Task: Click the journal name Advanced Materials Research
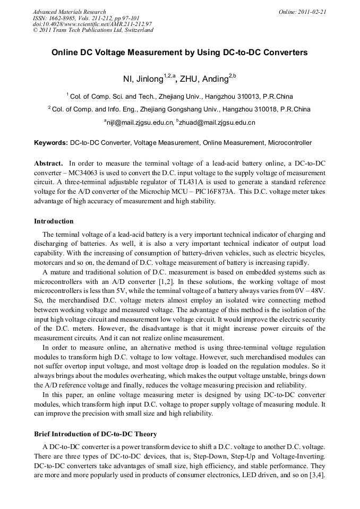(x=69, y=12)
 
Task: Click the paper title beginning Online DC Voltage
(x=179, y=53)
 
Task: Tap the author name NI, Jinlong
(x=143, y=79)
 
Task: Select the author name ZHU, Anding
(x=204, y=79)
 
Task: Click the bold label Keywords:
(x=51, y=143)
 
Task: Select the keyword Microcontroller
(x=290, y=143)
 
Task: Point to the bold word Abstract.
(x=48, y=163)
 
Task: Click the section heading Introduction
(x=54, y=221)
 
